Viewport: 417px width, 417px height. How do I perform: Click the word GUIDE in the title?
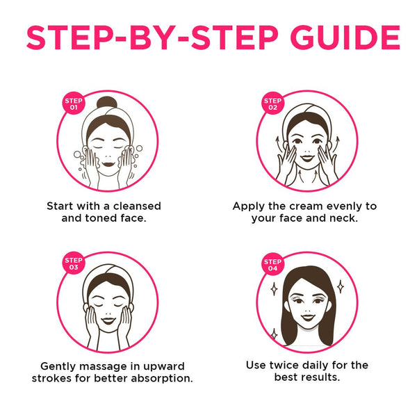[x=345, y=38]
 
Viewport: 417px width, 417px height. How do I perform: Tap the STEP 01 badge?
[x=74, y=104]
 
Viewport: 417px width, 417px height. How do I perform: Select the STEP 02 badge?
[x=272, y=104]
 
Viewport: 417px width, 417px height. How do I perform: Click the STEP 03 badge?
[x=74, y=263]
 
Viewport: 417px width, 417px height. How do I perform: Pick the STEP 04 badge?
[x=272, y=264]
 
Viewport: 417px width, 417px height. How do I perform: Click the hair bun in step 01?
[x=106, y=102]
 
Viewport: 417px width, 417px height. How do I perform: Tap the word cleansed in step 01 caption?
[x=137, y=206]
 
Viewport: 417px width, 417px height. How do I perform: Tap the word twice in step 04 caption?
[x=283, y=365]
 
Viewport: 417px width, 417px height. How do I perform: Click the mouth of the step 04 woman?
[x=308, y=318]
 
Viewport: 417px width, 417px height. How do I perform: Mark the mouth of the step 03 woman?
[x=108, y=320]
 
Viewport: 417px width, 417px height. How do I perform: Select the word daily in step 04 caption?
[x=315, y=366]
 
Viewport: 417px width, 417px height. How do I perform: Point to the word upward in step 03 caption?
[x=164, y=367]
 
